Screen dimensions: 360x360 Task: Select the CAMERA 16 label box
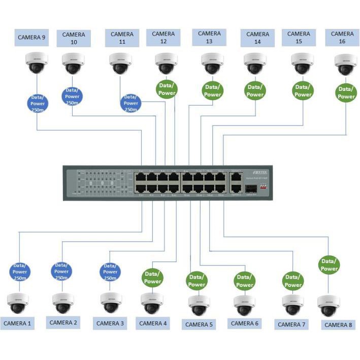(x=342, y=38)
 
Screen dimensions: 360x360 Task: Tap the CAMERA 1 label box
(x=17, y=323)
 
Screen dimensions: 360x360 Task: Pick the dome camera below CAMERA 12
(x=166, y=64)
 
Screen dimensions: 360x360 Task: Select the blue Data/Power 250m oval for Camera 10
(x=72, y=97)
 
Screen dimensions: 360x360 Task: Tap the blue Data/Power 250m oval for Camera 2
(x=61, y=271)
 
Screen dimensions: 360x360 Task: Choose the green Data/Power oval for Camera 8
(x=329, y=265)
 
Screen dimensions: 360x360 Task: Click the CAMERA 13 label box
(x=209, y=37)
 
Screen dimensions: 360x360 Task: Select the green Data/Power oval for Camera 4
(x=152, y=277)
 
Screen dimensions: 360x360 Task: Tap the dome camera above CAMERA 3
(x=111, y=303)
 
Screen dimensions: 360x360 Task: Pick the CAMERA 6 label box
(x=244, y=323)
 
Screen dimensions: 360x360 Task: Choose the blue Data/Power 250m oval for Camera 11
(x=130, y=103)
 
